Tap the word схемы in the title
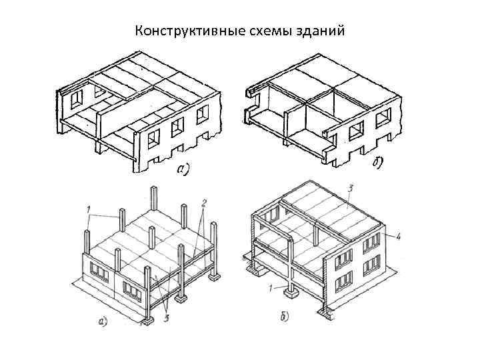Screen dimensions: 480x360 click(264, 31)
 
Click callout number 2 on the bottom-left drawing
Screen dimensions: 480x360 click(205, 201)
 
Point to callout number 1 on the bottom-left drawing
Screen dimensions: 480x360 click(88, 211)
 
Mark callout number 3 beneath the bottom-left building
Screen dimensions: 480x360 click(165, 318)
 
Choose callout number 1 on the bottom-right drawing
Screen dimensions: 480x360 click(270, 288)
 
